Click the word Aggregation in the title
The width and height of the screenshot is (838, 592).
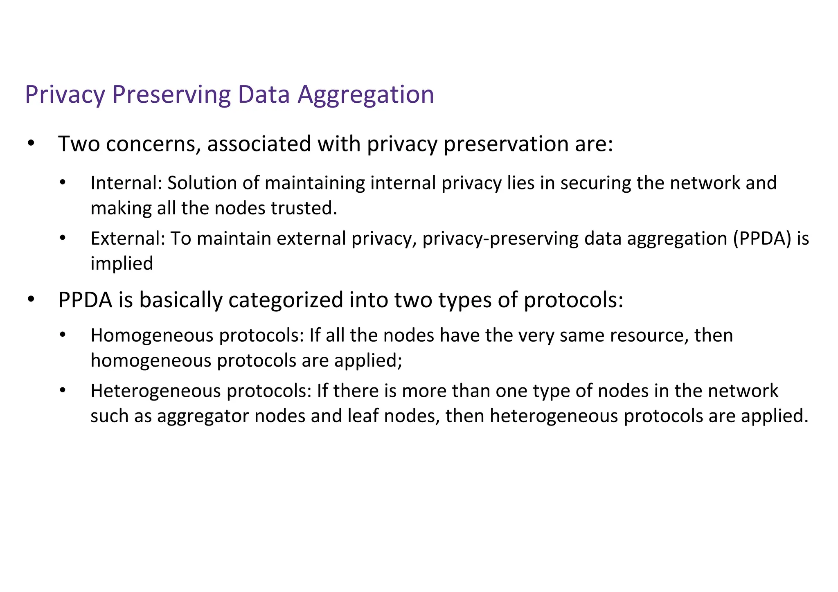[x=365, y=95]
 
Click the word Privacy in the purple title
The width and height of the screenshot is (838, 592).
[x=65, y=95]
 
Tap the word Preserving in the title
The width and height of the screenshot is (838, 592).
[x=171, y=95]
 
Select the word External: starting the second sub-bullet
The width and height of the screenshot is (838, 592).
[x=127, y=239]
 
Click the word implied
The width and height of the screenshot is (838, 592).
[x=122, y=264]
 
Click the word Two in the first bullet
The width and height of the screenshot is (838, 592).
[x=79, y=144]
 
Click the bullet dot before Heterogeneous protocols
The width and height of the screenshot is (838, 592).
[x=62, y=391]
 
